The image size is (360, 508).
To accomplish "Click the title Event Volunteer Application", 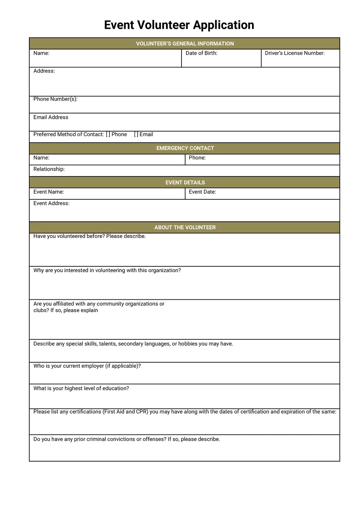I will (179, 25).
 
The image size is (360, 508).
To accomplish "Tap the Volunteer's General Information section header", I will (184, 43).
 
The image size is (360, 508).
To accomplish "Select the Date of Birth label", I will (201, 53).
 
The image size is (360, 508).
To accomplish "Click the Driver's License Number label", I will (295, 53).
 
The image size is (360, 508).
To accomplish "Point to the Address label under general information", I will (44, 71).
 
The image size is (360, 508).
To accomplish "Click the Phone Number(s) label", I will (55, 99).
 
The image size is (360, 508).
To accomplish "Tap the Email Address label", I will (51, 117).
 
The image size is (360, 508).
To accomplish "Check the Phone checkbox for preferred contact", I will (108, 134).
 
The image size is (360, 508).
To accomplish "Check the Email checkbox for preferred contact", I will (136, 134).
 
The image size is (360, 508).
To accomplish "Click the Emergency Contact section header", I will (185, 148).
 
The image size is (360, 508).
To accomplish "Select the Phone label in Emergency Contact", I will (197, 158).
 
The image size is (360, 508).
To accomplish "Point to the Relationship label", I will (49, 169).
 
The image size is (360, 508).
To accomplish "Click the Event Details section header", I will (185, 182).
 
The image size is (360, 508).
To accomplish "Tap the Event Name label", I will (49, 192).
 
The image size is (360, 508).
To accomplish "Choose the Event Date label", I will (202, 192).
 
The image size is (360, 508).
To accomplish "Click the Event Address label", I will (51, 203).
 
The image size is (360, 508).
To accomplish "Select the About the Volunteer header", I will (185, 227).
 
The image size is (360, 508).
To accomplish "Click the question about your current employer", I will (87, 366).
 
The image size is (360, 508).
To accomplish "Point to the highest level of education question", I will (81, 388).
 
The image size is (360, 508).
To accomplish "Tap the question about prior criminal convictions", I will (127, 439).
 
